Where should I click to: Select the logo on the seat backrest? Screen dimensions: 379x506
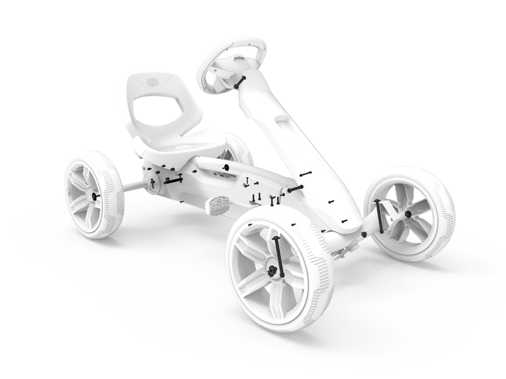(x=152, y=81)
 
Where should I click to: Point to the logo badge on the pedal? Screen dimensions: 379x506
(x=221, y=203)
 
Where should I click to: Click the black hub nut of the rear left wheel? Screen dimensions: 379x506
(x=96, y=196)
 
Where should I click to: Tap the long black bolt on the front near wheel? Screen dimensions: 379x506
(x=279, y=257)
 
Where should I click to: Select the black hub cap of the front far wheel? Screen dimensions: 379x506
(x=407, y=214)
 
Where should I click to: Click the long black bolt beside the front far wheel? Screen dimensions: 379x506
(x=379, y=215)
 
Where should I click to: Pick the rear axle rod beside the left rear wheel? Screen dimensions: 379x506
(x=134, y=187)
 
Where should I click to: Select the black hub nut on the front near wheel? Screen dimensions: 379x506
(x=272, y=271)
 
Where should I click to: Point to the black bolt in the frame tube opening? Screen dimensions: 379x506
(x=226, y=167)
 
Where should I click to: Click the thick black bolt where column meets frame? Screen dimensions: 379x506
(x=296, y=189)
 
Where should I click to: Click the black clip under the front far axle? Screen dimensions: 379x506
(x=364, y=235)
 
